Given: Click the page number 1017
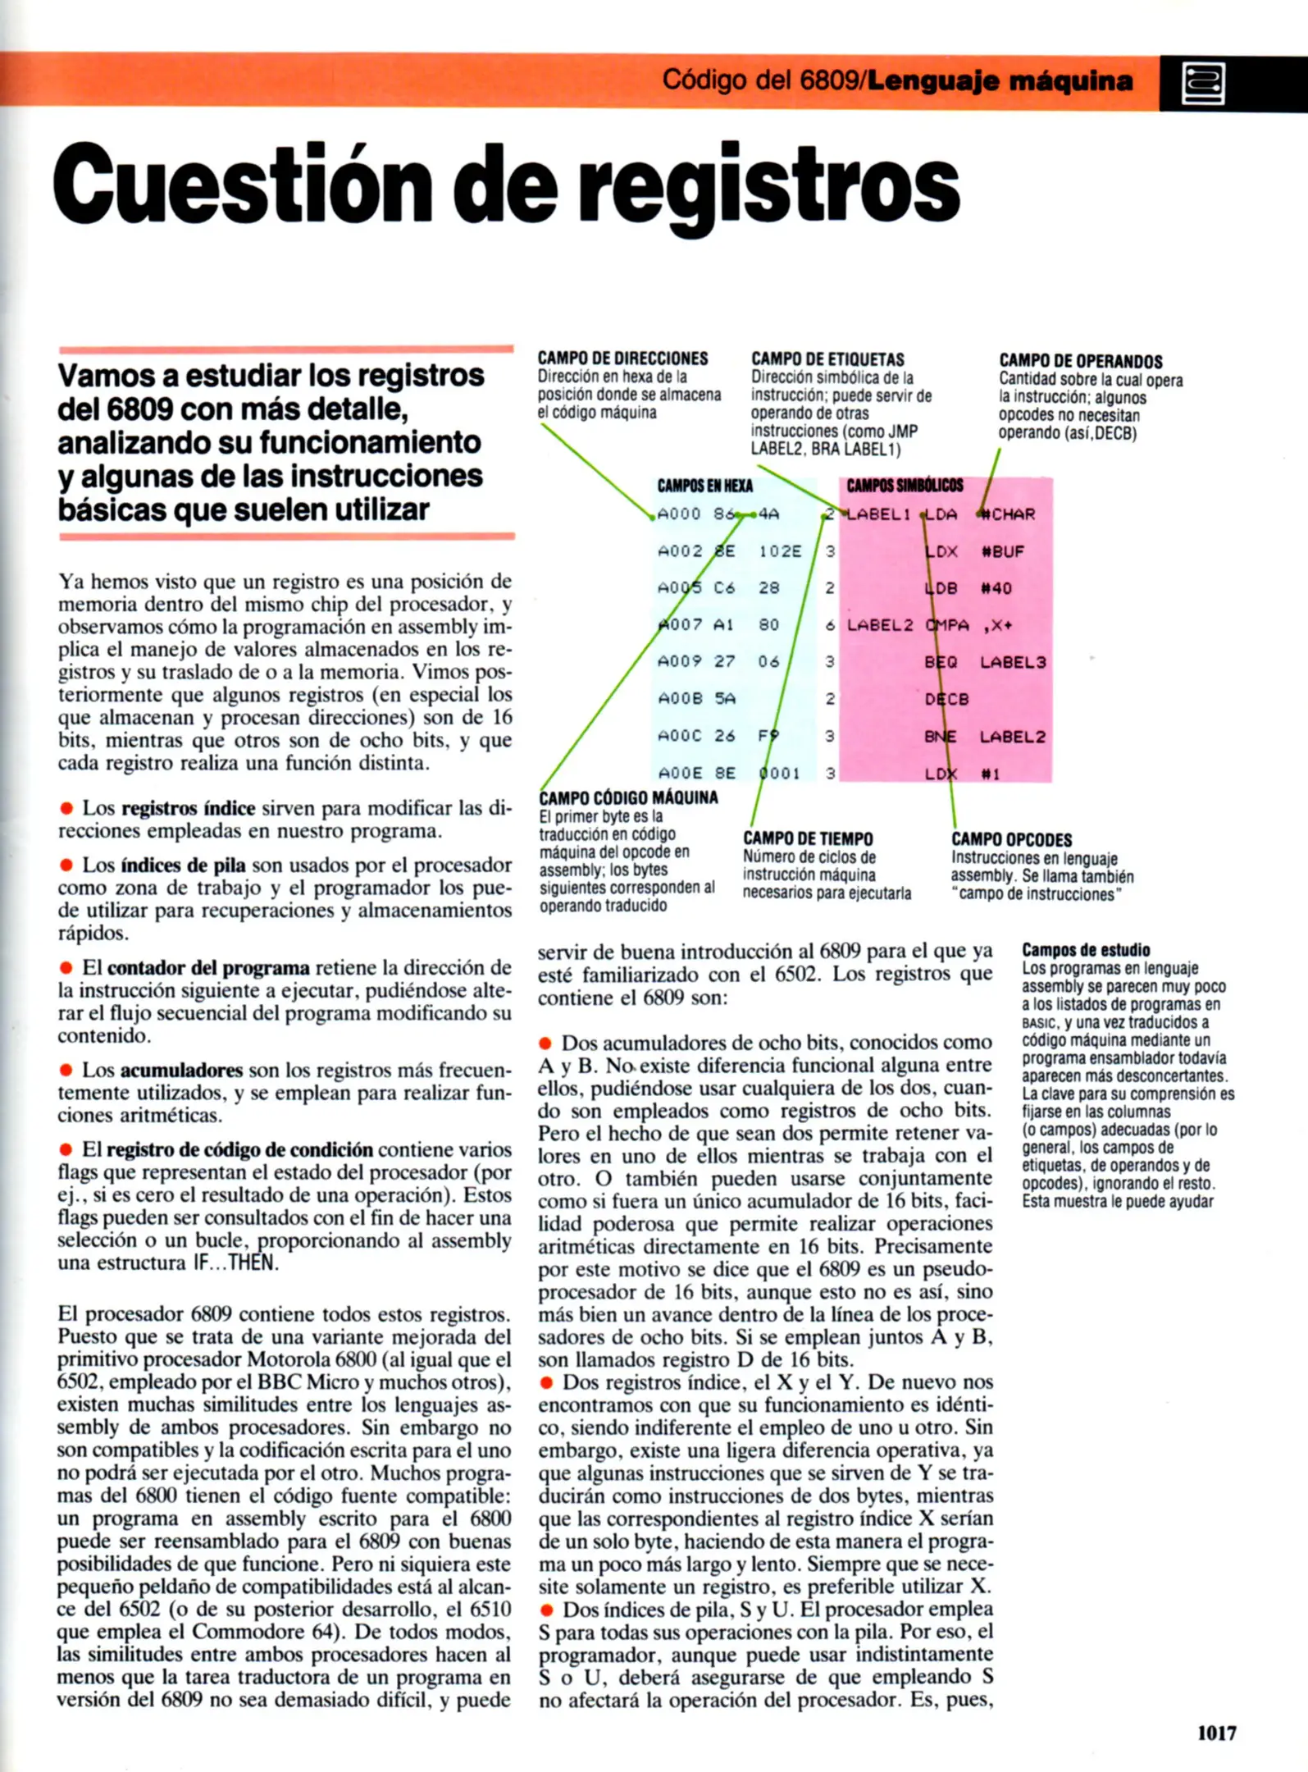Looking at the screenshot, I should pos(1216,1733).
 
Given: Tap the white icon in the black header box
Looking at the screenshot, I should pos(1203,83).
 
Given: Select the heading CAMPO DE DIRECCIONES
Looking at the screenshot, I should pos(622,359).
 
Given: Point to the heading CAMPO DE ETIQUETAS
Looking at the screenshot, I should pos(827,359).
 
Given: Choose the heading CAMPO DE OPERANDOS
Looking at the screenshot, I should pos(1080,361).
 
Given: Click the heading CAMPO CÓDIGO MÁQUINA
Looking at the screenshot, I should pos(628,797).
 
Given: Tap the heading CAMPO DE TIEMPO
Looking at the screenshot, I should pos(808,838).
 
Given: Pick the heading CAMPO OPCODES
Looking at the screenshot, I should pos(1011,839).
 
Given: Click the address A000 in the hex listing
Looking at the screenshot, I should pos(679,514).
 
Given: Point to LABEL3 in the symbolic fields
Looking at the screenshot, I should pos(1013,662).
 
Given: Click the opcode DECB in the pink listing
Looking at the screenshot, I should pos(947,699).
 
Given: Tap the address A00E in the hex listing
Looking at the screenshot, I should pos(679,773).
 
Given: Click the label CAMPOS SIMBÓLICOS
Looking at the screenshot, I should pos(905,486).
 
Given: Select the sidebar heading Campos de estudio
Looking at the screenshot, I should pos(1086,950).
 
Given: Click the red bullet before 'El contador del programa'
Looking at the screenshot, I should pos(66,968).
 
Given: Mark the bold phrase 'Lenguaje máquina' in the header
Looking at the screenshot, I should pos(1000,80).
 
